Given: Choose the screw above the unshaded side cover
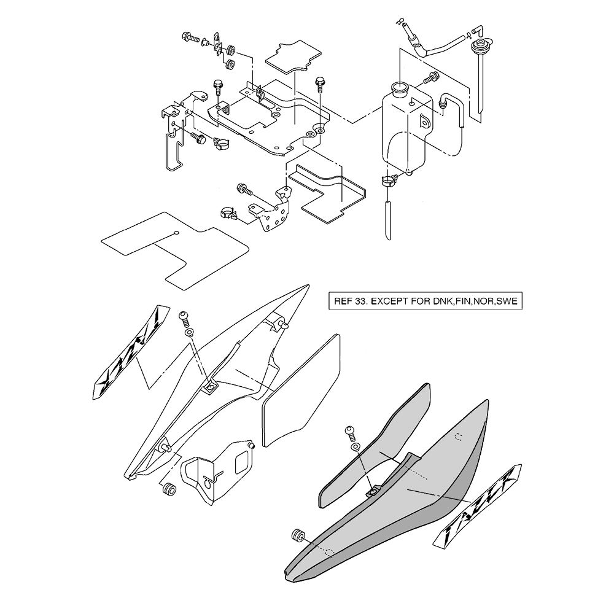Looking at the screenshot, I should [x=184, y=317].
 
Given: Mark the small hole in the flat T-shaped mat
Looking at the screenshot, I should [x=176, y=233].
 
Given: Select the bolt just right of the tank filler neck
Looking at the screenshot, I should [x=431, y=77].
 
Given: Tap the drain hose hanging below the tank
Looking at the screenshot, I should [x=388, y=218].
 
